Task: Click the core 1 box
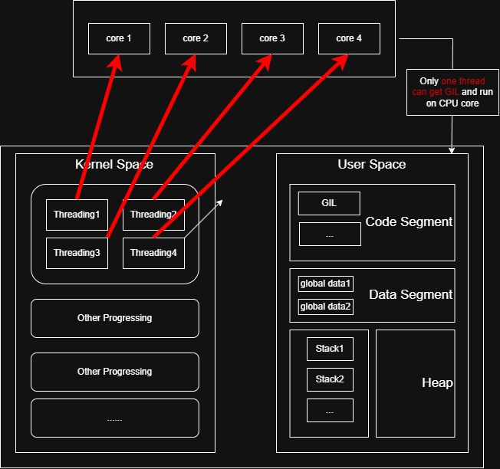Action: point(119,38)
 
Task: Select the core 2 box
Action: point(196,38)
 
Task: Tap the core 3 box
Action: point(272,38)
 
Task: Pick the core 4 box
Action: point(349,38)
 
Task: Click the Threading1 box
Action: point(77,215)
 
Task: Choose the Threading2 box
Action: point(153,215)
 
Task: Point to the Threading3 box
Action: point(77,253)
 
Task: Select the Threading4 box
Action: point(153,253)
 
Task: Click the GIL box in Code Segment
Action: point(329,203)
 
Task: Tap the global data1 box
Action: point(325,284)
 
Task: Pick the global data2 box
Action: point(325,307)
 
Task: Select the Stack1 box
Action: point(330,349)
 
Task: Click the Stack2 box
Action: point(330,379)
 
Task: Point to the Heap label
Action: point(436,383)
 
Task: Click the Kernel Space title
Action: point(113,164)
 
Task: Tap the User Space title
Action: point(371,164)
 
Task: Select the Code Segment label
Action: point(409,222)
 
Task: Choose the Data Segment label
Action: point(410,295)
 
